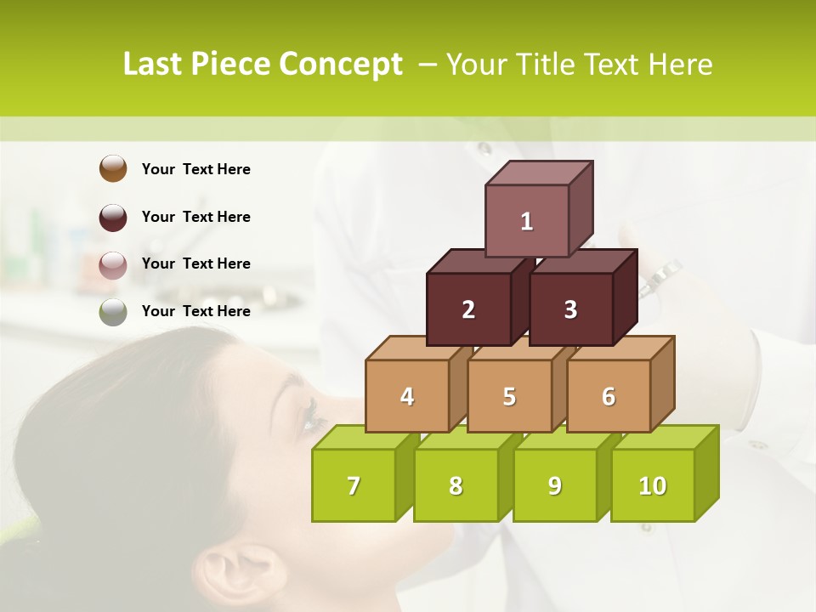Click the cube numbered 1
pos(527,221)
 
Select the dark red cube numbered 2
pos(468,309)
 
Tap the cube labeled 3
pos(570,309)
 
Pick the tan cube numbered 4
pos(407,396)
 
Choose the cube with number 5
pos(509,396)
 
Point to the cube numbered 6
pos(609,396)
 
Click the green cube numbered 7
pos(354,485)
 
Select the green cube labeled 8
pos(456,485)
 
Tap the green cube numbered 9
pos(554,485)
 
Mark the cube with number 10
pos(653,485)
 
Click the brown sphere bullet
pos(113,168)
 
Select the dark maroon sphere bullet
pos(113,217)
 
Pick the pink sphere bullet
pos(113,264)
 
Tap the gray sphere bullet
pos(113,312)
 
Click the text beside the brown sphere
pos(196,169)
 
